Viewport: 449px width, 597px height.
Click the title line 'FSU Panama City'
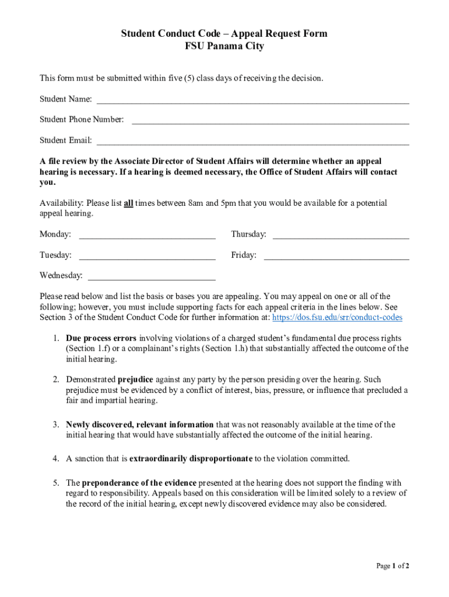click(x=224, y=47)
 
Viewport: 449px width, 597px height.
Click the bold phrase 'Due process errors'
click(x=101, y=338)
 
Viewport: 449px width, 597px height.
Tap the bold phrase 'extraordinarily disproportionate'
click(x=191, y=459)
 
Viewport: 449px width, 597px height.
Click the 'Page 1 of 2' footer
click(x=392, y=566)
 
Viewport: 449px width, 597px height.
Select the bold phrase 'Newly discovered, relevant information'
click(x=140, y=425)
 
